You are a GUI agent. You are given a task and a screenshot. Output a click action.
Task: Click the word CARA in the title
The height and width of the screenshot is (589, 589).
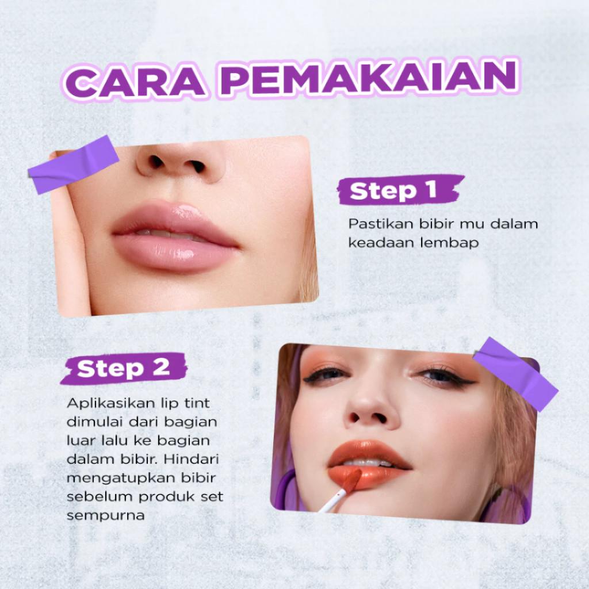tap(135, 81)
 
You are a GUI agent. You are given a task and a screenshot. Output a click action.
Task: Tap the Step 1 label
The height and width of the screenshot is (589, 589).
tap(400, 190)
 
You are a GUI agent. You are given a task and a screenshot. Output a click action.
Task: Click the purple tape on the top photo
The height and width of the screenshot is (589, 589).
tap(73, 165)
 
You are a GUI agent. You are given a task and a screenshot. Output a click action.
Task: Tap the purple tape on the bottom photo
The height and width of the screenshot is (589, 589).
tap(515, 374)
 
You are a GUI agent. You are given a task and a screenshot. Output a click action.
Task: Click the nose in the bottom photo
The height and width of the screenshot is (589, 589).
tap(372, 411)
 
